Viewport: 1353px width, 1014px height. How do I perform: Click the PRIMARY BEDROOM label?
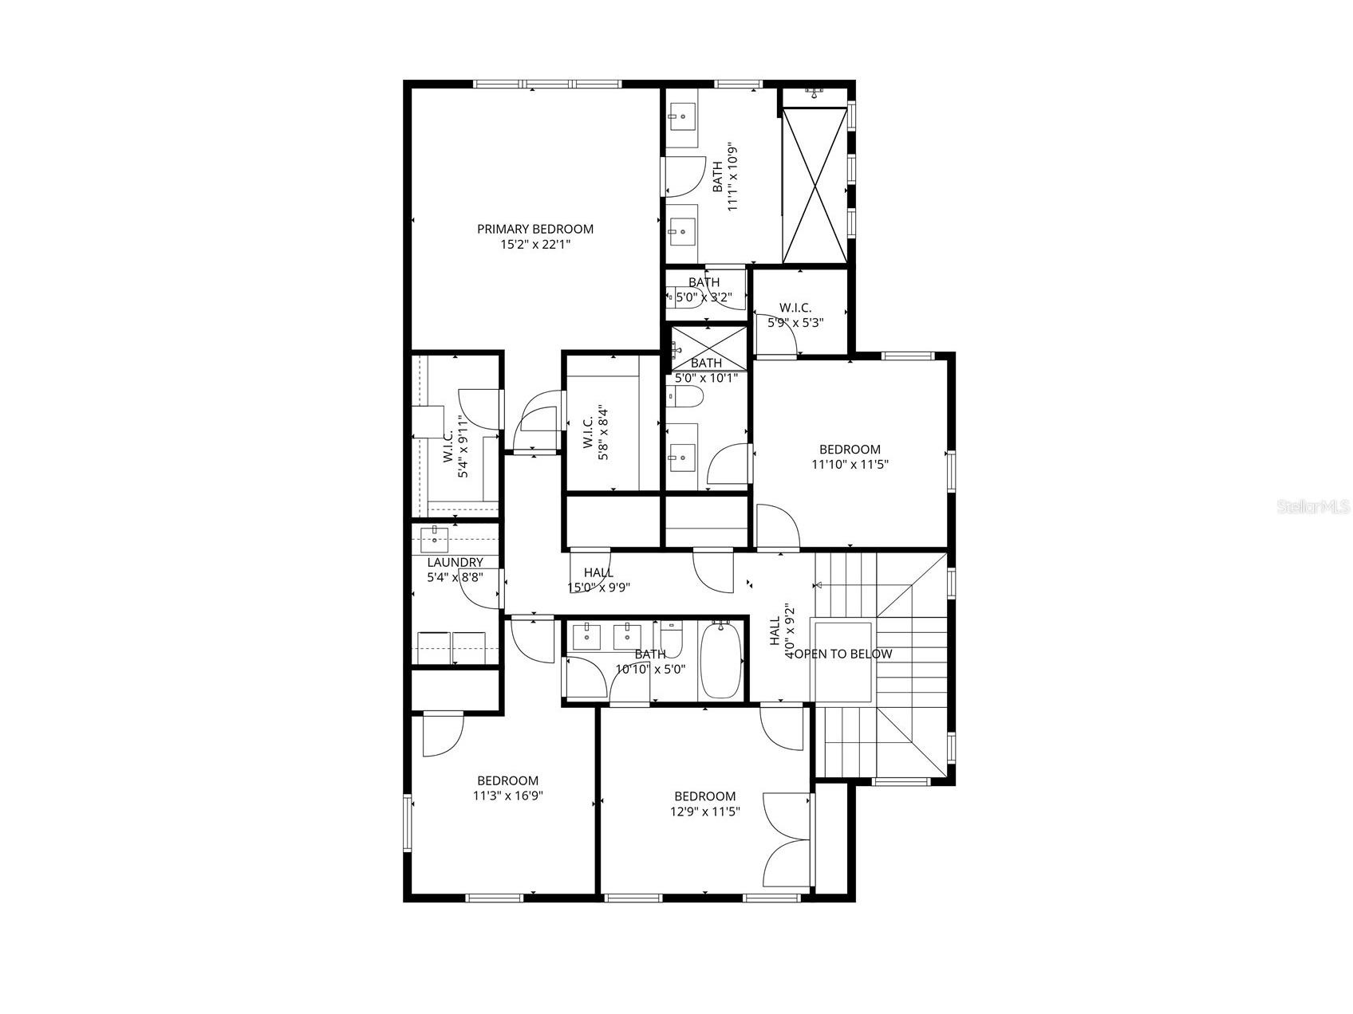click(535, 230)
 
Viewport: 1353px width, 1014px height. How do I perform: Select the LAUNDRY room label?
click(455, 563)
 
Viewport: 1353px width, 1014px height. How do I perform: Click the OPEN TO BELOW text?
click(844, 654)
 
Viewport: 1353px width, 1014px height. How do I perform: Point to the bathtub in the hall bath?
click(721, 660)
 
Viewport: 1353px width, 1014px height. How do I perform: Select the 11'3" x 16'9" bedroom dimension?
click(508, 796)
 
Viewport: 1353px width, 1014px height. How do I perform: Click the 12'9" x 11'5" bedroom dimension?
click(705, 812)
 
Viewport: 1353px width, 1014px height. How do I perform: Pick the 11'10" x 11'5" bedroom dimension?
click(850, 464)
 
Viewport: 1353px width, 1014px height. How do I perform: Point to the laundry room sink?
click(434, 539)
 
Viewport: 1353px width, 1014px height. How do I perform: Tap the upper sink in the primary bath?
click(682, 117)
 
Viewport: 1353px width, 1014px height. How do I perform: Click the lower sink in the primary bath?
click(682, 231)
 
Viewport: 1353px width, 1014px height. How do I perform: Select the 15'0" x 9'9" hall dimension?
click(599, 588)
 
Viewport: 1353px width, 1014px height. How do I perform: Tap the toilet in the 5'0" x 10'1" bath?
click(684, 396)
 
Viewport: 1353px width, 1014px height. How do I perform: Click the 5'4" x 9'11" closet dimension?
click(460, 446)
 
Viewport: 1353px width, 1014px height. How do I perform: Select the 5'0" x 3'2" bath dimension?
click(704, 297)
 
